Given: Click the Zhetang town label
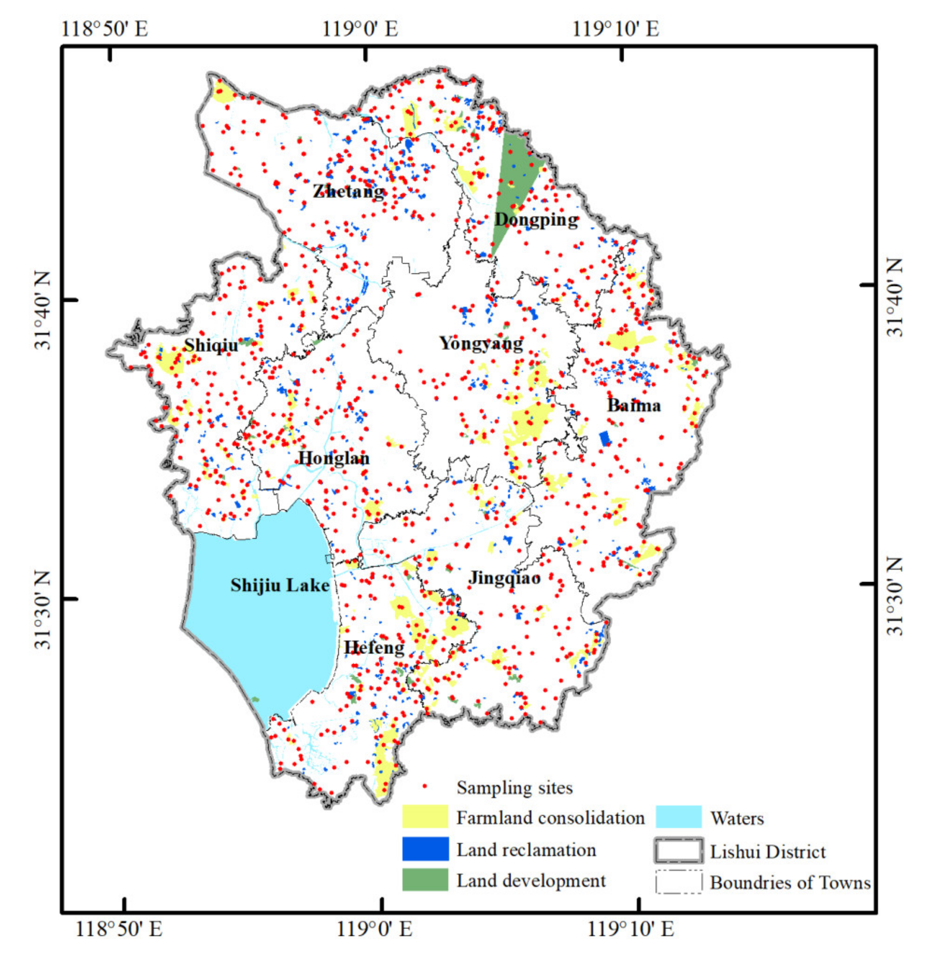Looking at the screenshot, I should click(349, 191).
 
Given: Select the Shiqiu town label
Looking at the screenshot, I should click(211, 345).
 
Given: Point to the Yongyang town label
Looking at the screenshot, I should click(481, 344).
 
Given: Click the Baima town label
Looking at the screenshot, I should click(634, 405).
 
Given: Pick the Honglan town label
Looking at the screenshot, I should click(334, 458).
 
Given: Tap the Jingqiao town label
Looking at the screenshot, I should click(504, 578).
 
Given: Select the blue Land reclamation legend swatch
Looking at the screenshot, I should click(425, 849).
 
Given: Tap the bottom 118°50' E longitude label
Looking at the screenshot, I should click(119, 929).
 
